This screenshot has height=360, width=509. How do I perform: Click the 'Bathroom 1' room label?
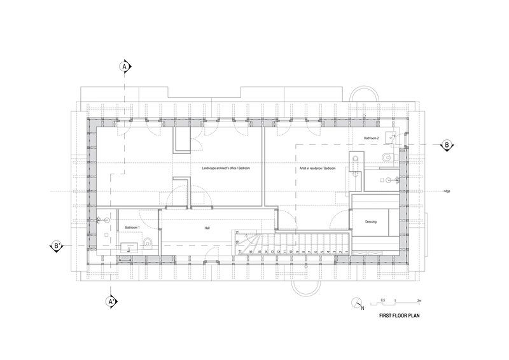tap(132, 227)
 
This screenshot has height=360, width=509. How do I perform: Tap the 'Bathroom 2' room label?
tap(371, 138)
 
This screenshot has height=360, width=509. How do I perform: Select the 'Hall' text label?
tap(207, 227)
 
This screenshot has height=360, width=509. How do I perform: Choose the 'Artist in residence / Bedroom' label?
tap(317, 168)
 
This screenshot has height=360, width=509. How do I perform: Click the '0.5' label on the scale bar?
tap(383, 299)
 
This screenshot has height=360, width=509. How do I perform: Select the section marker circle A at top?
tap(125, 66)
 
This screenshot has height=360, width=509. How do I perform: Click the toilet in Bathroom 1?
tap(147, 242)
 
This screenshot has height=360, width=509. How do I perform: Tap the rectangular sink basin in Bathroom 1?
tap(130, 247)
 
